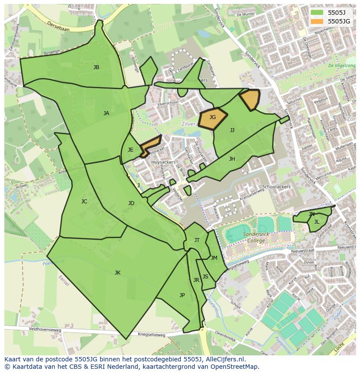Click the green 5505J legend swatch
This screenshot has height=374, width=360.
[317, 13]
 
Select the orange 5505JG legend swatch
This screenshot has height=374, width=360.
[317, 21]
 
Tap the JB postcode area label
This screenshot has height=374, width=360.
[96, 67]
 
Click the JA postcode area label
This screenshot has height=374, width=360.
[106, 113]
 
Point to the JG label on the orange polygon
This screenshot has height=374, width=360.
[213, 117]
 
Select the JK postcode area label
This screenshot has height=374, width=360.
[117, 273]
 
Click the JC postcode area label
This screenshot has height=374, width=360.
[84, 202]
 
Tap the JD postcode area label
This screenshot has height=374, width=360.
[131, 203]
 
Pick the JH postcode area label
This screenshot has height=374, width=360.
[232, 159]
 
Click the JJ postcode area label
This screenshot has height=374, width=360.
[232, 130]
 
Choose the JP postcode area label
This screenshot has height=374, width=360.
[182, 295]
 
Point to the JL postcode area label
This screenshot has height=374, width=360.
[317, 222]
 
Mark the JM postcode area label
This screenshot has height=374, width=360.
[214, 258]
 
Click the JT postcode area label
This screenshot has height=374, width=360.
[197, 240]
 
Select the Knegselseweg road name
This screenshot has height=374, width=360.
[152, 334]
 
